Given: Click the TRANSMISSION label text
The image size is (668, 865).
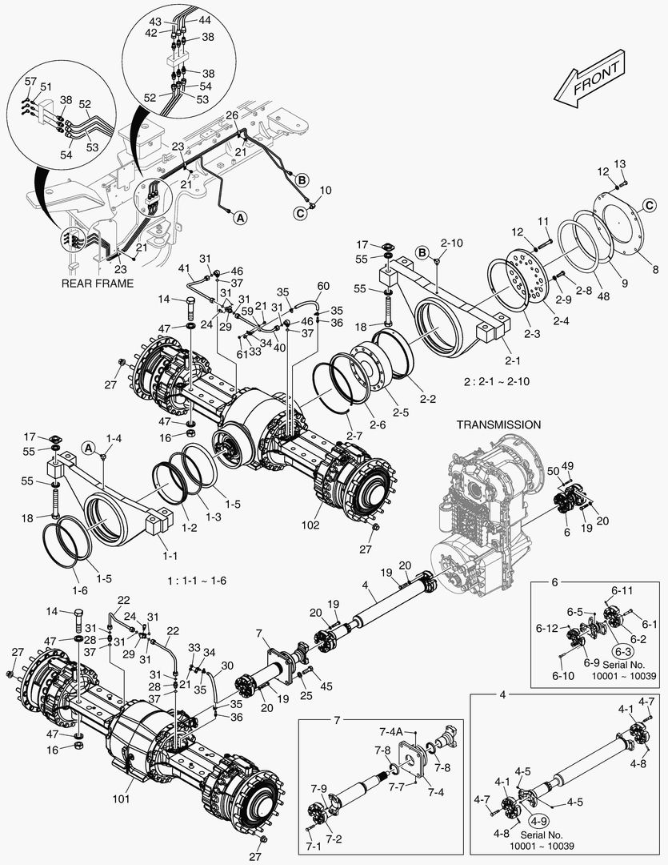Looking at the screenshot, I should (x=498, y=424).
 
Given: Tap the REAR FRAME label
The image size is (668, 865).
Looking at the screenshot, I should (x=97, y=284).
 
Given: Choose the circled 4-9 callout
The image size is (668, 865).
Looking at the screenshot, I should (x=538, y=821).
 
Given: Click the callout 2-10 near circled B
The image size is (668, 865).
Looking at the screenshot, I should (x=451, y=242).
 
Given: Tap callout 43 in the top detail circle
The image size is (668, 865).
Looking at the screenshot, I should (x=156, y=20).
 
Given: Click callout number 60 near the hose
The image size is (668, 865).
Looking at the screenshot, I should (x=323, y=286).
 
